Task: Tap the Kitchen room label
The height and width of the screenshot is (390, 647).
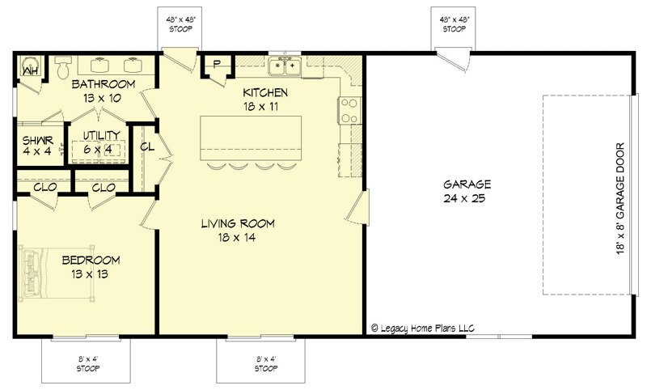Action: tap(264, 92)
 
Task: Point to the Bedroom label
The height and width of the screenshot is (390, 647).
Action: tap(91, 260)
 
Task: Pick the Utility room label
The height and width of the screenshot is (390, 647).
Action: tap(102, 135)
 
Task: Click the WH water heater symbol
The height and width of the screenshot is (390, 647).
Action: tap(30, 68)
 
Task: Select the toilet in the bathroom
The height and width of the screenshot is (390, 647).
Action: tap(64, 68)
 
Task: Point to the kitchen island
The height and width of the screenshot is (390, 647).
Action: tap(251, 138)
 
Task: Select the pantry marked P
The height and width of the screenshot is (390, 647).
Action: tap(218, 66)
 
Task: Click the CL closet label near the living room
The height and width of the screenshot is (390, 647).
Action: tap(147, 146)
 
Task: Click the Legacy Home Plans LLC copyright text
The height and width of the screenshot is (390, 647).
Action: tap(423, 329)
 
